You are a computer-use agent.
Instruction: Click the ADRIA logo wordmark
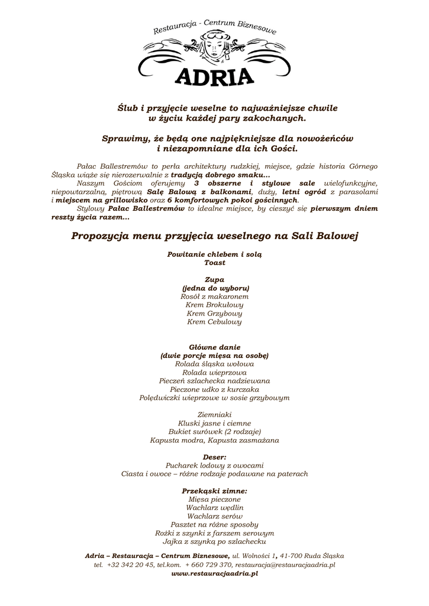[x=214, y=76]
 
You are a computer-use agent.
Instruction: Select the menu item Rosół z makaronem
[x=214, y=296]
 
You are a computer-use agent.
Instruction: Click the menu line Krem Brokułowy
[x=214, y=305]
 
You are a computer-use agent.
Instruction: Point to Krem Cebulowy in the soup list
[x=214, y=322]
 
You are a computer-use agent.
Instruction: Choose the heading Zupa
[x=214, y=279]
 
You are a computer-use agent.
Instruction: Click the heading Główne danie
[x=214, y=347]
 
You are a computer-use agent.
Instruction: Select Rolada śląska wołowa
[x=214, y=364]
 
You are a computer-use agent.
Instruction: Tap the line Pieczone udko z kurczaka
[x=214, y=389]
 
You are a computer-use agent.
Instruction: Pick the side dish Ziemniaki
[x=214, y=415]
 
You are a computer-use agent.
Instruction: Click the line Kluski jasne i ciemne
[x=214, y=423]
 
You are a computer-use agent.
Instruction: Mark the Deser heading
[x=214, y=457]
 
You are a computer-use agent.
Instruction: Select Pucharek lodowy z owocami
[x=214, y=465]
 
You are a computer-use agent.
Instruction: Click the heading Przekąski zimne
[x=214, y=491]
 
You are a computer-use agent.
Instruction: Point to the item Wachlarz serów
[x=214, y=516]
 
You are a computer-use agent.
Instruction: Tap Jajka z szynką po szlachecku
[x=214, y=541]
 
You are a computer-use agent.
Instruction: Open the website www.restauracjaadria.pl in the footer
[x=214, y=573]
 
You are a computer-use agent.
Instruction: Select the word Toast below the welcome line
[x=214, y=262]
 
